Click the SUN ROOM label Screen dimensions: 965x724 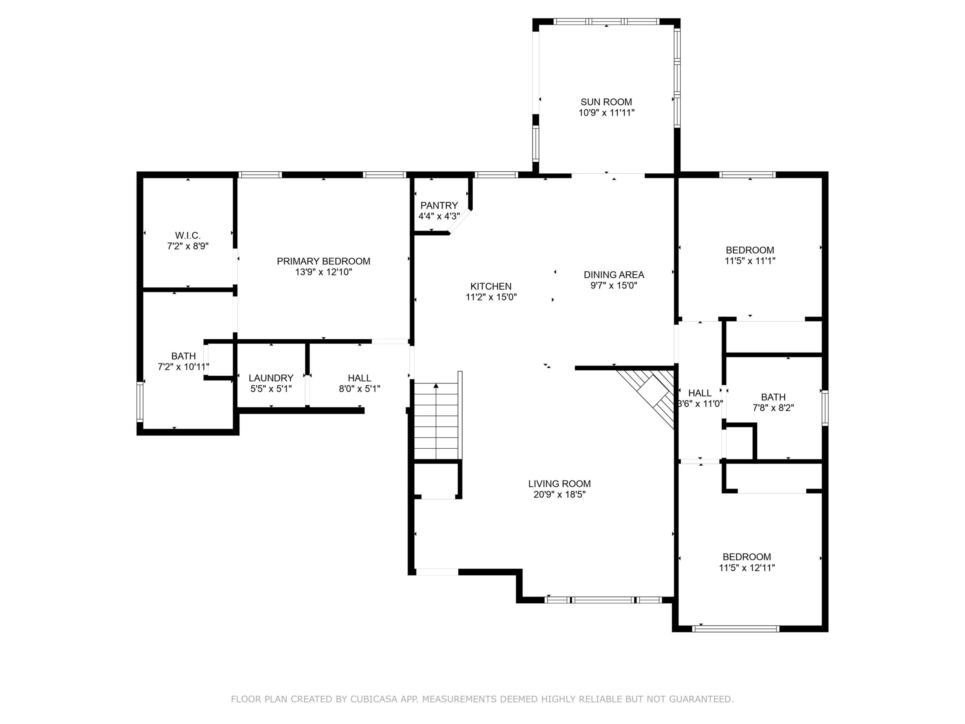click(606, 102)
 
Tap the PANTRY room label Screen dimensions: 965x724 click(439, 205)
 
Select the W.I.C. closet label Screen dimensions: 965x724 click(188, 235)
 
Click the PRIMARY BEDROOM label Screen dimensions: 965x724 click(323, 261)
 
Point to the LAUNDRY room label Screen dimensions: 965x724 click(271, 378)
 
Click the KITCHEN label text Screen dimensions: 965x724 click(491, 286)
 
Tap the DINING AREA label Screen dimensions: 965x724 click(614, 275)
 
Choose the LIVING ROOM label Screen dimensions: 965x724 click(559, 483)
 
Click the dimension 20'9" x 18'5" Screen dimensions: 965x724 click(559, 494)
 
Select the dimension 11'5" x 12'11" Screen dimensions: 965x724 click(747, 568)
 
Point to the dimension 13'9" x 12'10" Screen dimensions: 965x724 click(323, 272)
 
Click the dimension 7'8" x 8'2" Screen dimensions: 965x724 click(773, 408)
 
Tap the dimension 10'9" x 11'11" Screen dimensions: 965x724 click(606, 113)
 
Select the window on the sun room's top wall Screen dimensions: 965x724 click(606, 21)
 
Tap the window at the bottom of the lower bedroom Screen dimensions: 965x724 click(735, 629)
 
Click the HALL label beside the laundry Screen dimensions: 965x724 click(360, 378)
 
